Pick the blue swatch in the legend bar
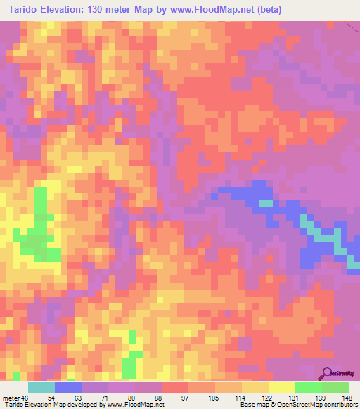point(68,387)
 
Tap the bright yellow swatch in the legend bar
point(282,387)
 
